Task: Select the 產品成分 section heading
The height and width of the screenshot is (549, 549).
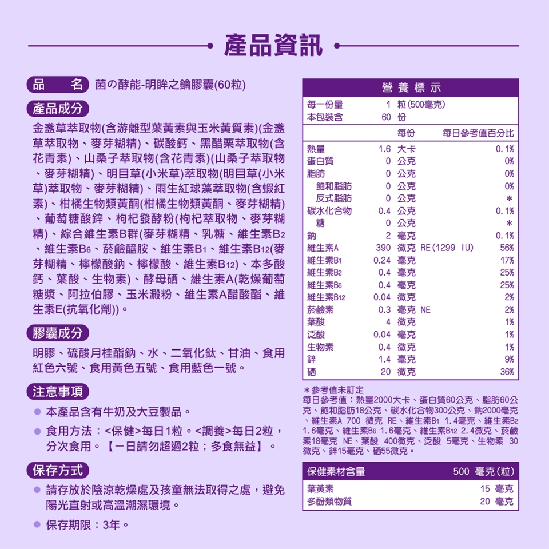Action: [x=58, y=108]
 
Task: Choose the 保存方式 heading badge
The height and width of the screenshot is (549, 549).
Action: [x=58, y=470]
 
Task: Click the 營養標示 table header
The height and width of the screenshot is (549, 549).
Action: [x=410, y=87]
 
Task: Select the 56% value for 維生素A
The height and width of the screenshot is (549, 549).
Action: [x=506, y=248]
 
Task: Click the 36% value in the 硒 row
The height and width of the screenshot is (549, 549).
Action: [x=506, y=372]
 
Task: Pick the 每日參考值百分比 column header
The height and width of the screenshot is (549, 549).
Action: [x=479, y=133]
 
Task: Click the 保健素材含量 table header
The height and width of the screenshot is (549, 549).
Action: [x=336, y=472]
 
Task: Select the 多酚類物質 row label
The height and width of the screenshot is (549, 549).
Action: [x=329, y=502]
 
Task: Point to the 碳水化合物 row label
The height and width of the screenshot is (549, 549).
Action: [x=329, y=211]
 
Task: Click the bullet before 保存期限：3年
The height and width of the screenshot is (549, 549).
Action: [x=37, y=524]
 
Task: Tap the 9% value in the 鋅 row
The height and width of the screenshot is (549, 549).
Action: [x=508, y=359]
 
